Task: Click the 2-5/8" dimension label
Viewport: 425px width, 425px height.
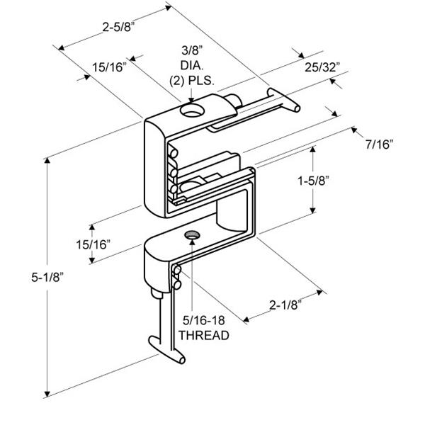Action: pyautogui.click(x=119, y=27)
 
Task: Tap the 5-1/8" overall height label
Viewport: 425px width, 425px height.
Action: pyautogui.click(x=47, y=277)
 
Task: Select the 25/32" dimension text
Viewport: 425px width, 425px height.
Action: pyautogui.click(x=322, y=67)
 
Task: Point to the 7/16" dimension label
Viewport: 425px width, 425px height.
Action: pyautogui.click(x=379, y=144)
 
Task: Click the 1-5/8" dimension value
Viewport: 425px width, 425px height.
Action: pyautogui.click(x=314, y=181)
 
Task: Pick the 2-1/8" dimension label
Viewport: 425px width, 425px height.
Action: pyautogui.click(x=285, y=305)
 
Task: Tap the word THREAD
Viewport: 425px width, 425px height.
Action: pyautogui.click(x=204, y=335)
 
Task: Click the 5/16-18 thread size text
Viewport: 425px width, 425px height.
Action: pyautogui.click(x=204, y=320)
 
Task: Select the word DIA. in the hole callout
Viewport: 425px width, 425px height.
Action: pyautogui.click(x=192, y=65)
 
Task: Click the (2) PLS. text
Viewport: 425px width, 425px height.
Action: pyautogui.click(x=192, y=81)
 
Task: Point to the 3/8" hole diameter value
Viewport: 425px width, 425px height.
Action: pyautogui.click(x=192, y=50)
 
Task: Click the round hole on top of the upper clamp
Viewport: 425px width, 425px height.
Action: pyautogui.click(x=192, y=110)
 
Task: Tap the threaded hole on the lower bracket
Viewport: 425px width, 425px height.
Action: pyautogui.click(x=192, y=235)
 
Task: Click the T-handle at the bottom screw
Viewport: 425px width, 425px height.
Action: pyautogui.click(x=167, y=350)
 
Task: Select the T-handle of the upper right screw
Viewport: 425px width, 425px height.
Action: pyautogui.click(x=284, y=99)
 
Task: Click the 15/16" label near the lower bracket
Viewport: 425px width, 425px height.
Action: pyautogui.click(x=93, y=244)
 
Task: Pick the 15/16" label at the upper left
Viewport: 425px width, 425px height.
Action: pyautogui.click(x=110, y=67)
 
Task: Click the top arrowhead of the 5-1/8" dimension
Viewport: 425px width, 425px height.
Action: pyautogui.click(x=47, y=160)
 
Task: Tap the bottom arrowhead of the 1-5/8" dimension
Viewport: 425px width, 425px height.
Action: pyautogui.click(x=313, y=210)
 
